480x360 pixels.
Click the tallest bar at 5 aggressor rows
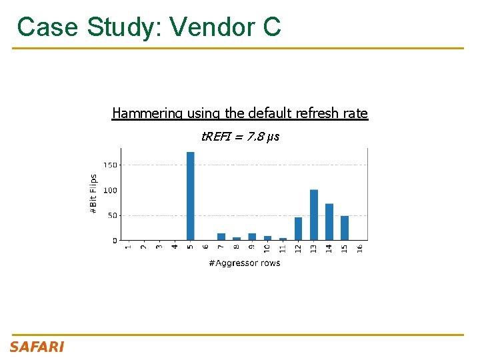pyautogui.click(x=190, y=196)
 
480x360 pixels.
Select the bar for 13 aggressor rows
pyautogui.click(x=313, y=215)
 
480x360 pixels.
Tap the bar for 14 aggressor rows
pyautogui.click(x=329, y=222)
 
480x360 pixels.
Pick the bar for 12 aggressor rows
pyautogui.click(x=298, y=229)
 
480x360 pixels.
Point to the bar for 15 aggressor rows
pyautogui.click(x=344, y=228)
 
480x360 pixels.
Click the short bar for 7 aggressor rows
pyautogui.click(x=221, y=237)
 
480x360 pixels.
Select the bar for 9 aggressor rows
pyautogui.click(x=252, y=237)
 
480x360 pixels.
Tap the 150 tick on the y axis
pyautogui.click(x=110, y=165)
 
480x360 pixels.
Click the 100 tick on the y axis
pyautogui.click(x=110, y=190)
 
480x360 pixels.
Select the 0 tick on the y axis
pyautogui.click(x=114, y=240)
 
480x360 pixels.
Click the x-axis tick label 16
pyautogui.click(x=360, y=247)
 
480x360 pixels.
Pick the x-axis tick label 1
pyautogui.click(x=128, y=247)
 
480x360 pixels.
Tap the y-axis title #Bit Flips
pyautogui.click(x=93, y=194)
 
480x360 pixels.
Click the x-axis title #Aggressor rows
pyautogui.click(x=244, y=263)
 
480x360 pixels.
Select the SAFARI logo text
pyautogui.click(x=37, y=347)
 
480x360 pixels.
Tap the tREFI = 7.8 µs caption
pyautogui.click(x=240, y=137)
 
